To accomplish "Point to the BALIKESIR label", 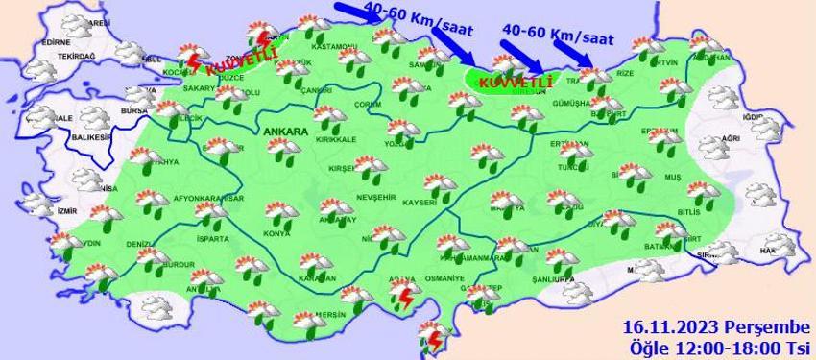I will tap(86, 136).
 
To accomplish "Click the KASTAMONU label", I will tap(334, 46).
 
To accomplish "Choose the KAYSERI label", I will tap(420, 203).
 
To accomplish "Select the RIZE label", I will tap(624, 73).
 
